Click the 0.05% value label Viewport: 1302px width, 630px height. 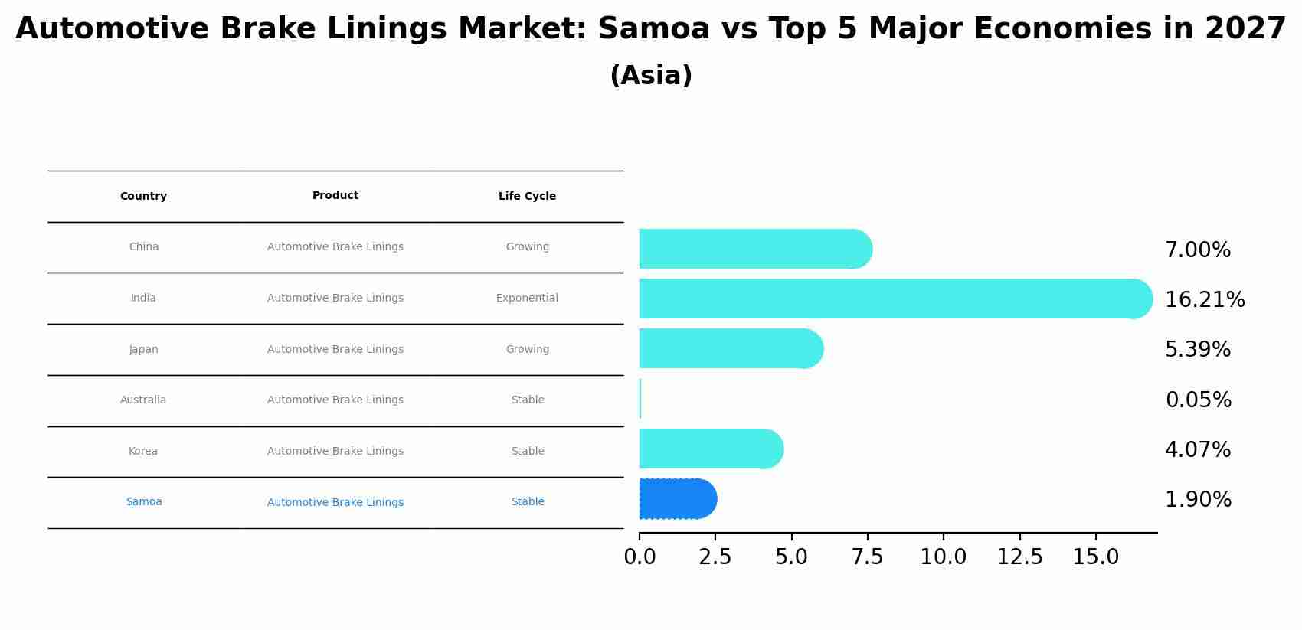pyautogui.click(x=1198, y=400)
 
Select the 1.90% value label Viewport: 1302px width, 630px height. pyautogui.click(x=1198, y=500)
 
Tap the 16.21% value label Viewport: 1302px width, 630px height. pyautogui.click(x=1204, y=300)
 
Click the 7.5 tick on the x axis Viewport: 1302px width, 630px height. pyautogui.click(x=867, y=557)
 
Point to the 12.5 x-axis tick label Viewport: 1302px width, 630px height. pyautogui.click(x=1019, y=557)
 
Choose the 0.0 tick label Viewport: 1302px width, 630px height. pyautogui.click(x=640, y=557)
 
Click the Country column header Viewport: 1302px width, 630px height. pyautogui.click(x=143, y=197)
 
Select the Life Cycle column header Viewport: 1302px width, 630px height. pyautogui.click(x=527, y=197)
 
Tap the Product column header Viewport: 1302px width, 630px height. pyautogui.click(x=335, y=196)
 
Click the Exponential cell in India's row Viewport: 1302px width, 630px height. pyautogui.click(x=527, y=299)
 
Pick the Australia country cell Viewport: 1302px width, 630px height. pyautogui.click(x=143, y=400)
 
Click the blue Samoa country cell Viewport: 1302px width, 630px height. pyautogui.click(x=144, y=502)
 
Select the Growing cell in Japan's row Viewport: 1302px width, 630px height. pyautogui.click(x=527, y=350)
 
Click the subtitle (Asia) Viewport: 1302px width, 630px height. pyautogui.click(x=651, y=76)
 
